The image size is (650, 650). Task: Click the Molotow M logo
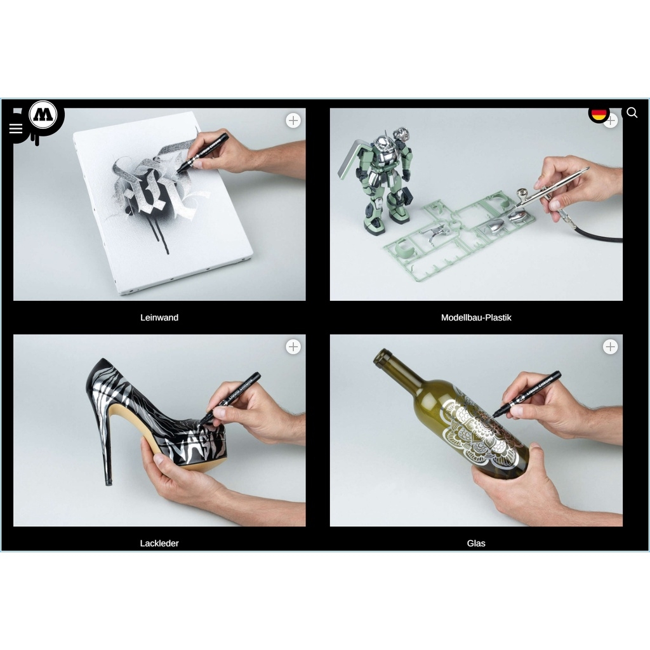43,115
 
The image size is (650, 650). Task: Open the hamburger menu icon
16,129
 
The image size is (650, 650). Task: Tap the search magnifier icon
632,113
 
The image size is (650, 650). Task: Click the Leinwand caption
159,317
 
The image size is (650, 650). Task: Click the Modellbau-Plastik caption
476,317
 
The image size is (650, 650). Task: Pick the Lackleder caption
159,543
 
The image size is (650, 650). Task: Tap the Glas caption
476,543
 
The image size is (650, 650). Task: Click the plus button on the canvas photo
293,121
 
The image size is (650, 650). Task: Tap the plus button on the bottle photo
610,347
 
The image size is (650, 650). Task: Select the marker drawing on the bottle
527,393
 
